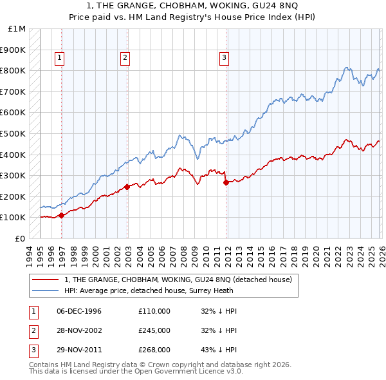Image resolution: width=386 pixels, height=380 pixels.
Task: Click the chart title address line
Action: (x=193, y=6)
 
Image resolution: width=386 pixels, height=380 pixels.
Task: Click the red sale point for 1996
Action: (x=61, y=216)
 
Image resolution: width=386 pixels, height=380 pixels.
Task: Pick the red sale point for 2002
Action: (x=127, y=187)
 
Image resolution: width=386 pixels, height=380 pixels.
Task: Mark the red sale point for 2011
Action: (x=226, y=182)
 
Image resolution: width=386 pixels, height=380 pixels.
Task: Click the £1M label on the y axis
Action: (x=17, y=29)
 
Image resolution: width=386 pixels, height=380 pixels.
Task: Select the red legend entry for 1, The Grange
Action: (x=178, y=280)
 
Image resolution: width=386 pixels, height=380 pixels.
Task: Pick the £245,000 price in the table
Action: (x=154, y=330)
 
